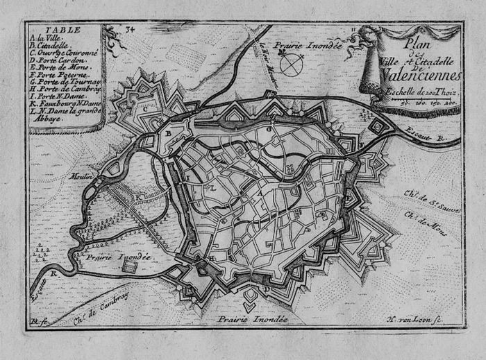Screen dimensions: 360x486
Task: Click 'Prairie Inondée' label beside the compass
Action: pyautogui.click(x=307, y=46)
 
